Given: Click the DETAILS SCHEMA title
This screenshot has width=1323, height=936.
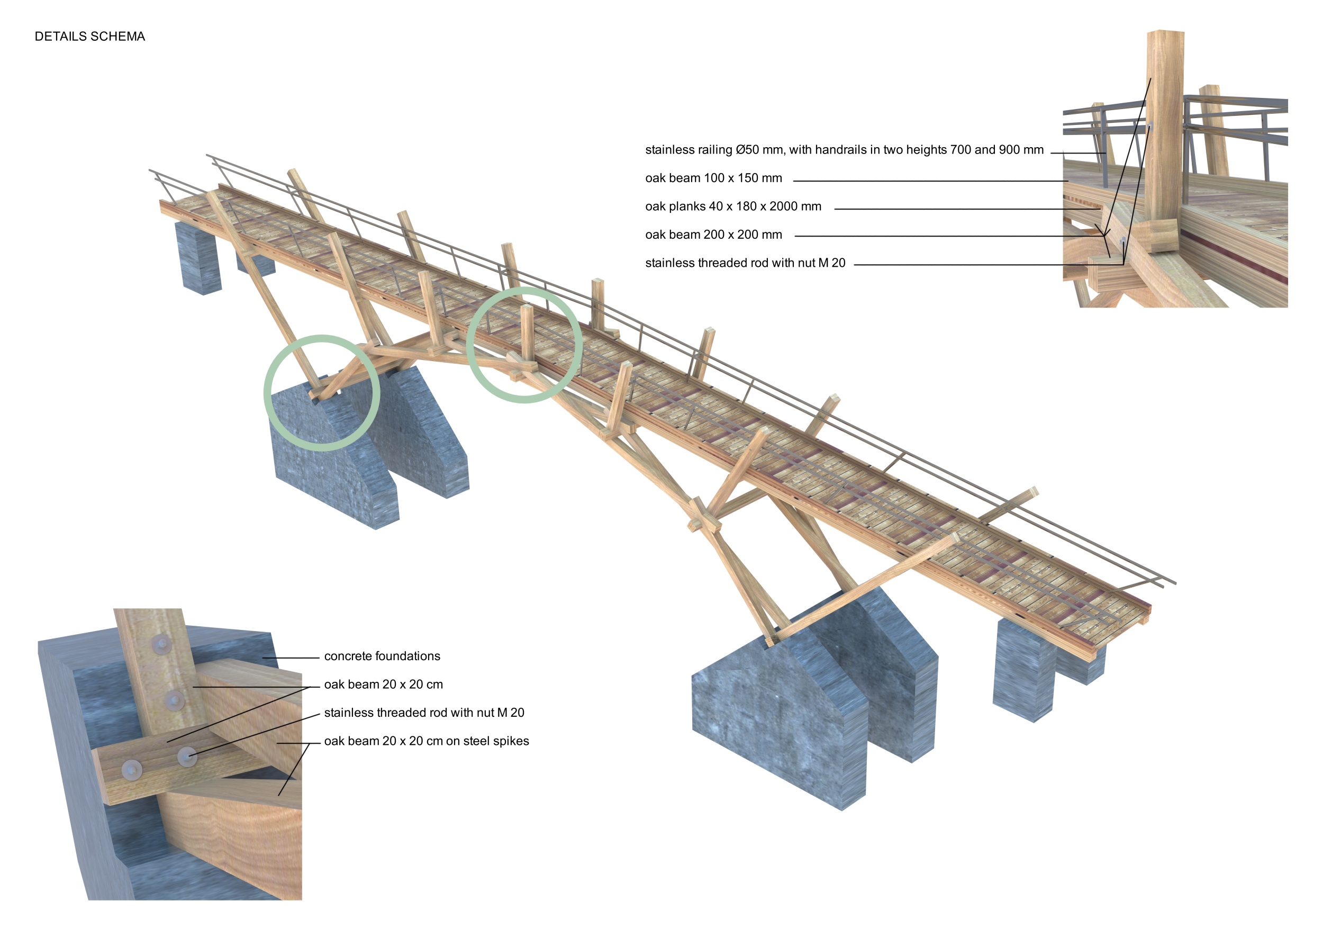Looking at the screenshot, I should point(90,37).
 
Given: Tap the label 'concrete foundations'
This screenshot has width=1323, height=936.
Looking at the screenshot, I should point(382,656).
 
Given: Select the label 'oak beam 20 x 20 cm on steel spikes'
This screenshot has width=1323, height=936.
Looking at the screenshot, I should point(427,741).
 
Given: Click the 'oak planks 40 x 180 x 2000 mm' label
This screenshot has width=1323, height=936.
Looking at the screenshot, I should point(733,206).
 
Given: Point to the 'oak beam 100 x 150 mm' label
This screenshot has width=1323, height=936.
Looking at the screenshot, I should point(713,178).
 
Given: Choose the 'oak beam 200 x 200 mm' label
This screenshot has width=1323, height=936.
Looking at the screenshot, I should point(713,235).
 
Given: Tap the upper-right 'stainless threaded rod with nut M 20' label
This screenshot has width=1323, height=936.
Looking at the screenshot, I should point(745,263).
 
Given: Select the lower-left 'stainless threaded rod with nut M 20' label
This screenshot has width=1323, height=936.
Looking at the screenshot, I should point(424,713).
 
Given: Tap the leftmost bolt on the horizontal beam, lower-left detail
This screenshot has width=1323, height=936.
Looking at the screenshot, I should point(132,769).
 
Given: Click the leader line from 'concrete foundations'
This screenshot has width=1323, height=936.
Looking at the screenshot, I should point(291,658).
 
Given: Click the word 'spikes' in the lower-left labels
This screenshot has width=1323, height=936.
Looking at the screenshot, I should point(511,741).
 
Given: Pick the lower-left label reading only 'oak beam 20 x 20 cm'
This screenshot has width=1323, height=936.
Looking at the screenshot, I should point(383,684).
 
